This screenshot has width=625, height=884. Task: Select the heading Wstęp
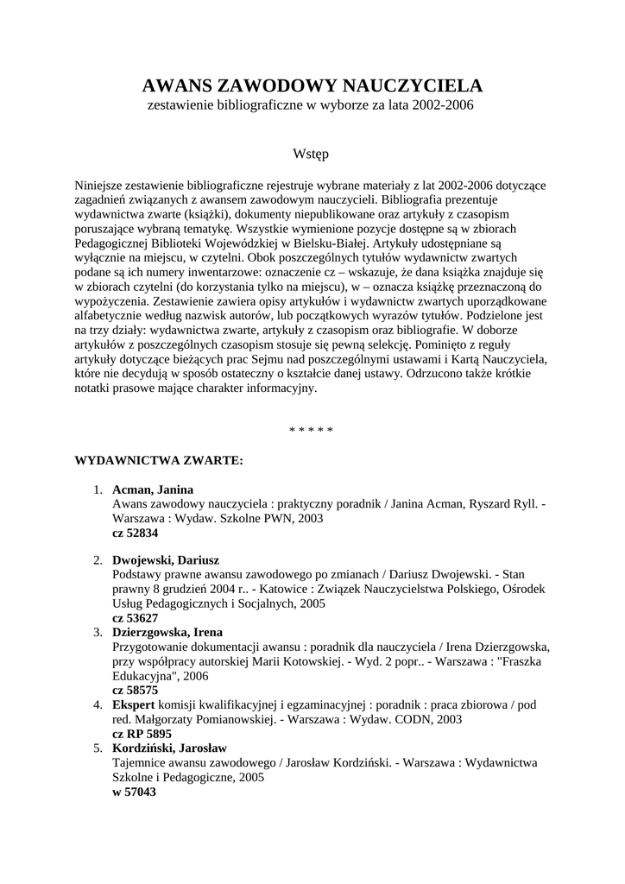pyautogui.click(x=312, y=154)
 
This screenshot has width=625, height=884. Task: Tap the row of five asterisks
pyautogui.click(x=312, y=429)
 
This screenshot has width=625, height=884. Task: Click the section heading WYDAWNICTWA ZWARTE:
pyautogui.click(x=160, y=461)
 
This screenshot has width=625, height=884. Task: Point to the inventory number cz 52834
pyautogui.click(x=136, y=534)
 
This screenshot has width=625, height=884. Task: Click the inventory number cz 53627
pyautogui.click(x=136, y=618)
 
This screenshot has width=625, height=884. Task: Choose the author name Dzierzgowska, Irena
pyautogui.click(x=167, y=632)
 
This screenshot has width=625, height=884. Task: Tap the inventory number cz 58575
pyautogui.click(x=136, y=691)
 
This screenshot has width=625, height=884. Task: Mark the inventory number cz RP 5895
pyautogui.click(x=142, y=734)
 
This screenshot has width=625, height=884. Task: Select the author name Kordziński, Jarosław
pyautogui.click(x=169, y=748)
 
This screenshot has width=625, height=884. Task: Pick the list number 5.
pyautogui.click(x=98, y=748)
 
